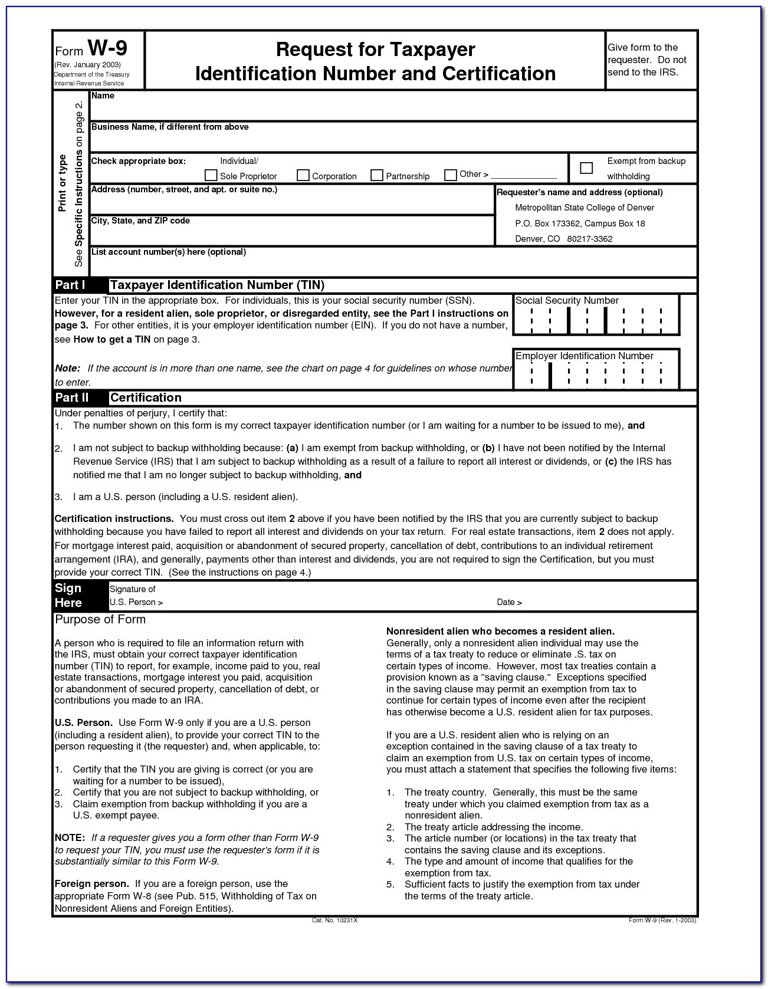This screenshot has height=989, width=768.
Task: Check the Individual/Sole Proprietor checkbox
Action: click(x=211, y=175)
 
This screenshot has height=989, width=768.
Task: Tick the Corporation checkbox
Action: click(x=303, y=175)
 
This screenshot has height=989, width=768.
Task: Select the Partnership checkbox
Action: click(x=377, y=175)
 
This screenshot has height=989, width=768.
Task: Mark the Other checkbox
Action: click(x=451, y=175)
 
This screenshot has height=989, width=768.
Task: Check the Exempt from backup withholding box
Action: click(x=586, y=168)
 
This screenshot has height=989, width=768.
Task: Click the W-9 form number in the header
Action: click(x=107, y=48)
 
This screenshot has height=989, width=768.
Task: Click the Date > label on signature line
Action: click(x=509, y=602)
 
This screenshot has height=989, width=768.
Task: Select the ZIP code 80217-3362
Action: click(x=590, y=239)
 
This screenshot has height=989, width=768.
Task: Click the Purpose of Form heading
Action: click(x=100, y=619)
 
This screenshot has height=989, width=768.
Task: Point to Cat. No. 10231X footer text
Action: click(x=334, y=920)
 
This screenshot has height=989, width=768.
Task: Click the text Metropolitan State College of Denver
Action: click(x=585, y=208)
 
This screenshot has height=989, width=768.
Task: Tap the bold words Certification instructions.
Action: click(x=114, y=518)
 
